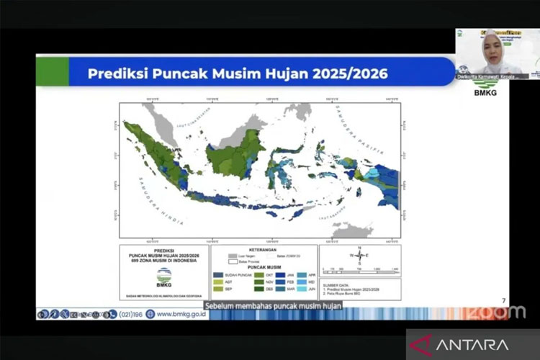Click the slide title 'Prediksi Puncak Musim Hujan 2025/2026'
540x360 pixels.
[238, 73]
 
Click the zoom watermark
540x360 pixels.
[503, 312]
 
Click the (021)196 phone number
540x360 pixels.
[134, 314]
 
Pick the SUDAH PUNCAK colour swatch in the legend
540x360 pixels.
[217, 274]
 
